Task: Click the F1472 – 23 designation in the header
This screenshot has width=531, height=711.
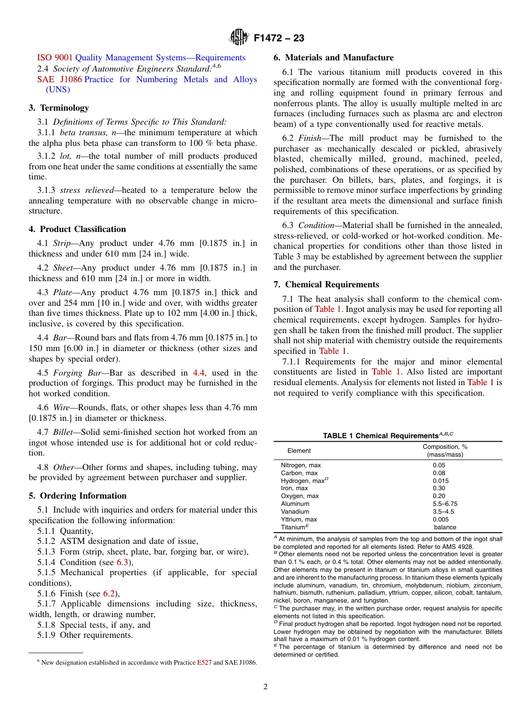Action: [278, 39]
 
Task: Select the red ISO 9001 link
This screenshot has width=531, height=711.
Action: [55, 58]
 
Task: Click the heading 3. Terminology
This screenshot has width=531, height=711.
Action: [59, 108]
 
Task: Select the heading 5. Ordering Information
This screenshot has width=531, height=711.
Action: [77, 496]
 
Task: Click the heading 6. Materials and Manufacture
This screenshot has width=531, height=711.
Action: [333, 58]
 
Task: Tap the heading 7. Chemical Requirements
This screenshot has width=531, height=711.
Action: [326, 285]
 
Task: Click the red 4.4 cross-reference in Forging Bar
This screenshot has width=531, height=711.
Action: [198, 373]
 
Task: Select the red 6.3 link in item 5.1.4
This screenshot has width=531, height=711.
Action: [122, 562]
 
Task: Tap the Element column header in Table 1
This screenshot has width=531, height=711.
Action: [299, 451]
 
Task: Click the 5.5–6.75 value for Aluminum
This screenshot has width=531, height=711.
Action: [445, 504]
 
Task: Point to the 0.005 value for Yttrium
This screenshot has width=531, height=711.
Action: [440, 519]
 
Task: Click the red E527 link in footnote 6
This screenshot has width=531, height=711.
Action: [204, 662]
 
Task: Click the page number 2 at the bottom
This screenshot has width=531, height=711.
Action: [265, 687]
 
